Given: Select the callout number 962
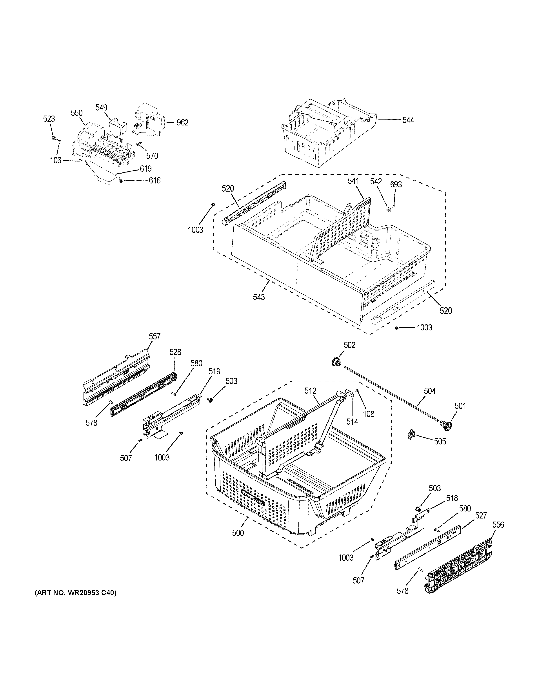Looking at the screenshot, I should [x=182, y=123].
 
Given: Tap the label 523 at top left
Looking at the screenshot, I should [x=49, y=119].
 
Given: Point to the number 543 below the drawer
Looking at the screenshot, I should [x=259, y=297].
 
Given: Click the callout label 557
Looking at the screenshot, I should [x=154, y=337].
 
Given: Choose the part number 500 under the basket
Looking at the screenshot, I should [x=238, y=533].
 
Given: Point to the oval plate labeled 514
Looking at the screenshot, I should [x=350, y=393].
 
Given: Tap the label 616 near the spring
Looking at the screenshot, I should [x=154, y=181].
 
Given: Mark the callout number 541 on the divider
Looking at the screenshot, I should [x=353, y=181].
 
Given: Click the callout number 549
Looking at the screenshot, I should [x=101, y=108].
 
